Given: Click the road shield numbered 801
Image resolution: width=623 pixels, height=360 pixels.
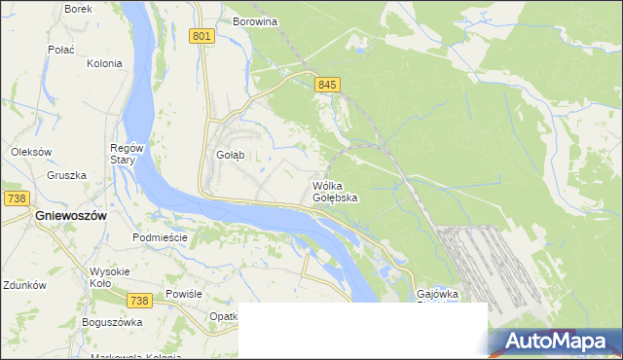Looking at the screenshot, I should point(202,36).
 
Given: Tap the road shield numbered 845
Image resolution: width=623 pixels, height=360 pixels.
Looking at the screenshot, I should point(327,86).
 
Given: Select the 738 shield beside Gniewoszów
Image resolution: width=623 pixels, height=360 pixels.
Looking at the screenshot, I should point(15,198).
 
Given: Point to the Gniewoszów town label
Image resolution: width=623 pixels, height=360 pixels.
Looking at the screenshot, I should point(70,215).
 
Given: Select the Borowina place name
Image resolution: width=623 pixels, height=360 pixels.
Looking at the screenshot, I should point(255,20).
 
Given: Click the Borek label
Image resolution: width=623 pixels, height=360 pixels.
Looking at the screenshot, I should point(78,9).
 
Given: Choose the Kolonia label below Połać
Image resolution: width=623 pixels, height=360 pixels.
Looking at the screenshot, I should point(104,63).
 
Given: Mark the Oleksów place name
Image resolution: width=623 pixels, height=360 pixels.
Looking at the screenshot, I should point(30,152).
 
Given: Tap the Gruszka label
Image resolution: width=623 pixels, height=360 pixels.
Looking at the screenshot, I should point(66,175).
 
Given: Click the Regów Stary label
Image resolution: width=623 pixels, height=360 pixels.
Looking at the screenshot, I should point(127,154).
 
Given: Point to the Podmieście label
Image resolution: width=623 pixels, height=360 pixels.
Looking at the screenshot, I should point(160,237).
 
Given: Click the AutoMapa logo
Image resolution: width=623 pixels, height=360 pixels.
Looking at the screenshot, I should point(556,342).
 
